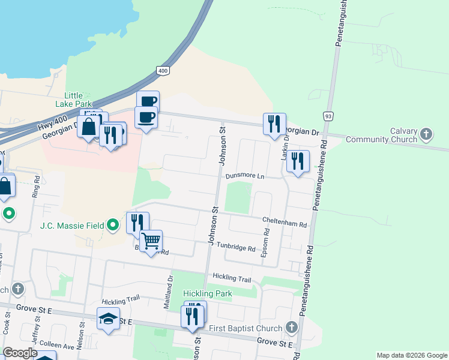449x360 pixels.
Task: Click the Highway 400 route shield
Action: pos(164,71)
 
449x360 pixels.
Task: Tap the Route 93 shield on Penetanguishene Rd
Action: pos(327,115)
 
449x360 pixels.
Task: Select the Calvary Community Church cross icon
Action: pos(426,133)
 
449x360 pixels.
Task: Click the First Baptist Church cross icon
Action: pos(292,328)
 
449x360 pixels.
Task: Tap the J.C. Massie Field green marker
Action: pos(113,226)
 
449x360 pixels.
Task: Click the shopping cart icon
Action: pos(151,241)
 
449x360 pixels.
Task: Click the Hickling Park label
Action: pos(207,294)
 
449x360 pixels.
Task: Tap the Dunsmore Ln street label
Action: pos(245,176)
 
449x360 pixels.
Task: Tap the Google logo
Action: pos(20,353)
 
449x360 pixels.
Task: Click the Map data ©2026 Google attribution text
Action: pos(412,355)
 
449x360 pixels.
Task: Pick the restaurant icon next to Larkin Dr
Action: pos(298,161)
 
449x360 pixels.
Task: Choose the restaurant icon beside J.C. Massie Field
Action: pos(137,223)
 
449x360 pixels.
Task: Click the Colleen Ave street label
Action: pos(56,347)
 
